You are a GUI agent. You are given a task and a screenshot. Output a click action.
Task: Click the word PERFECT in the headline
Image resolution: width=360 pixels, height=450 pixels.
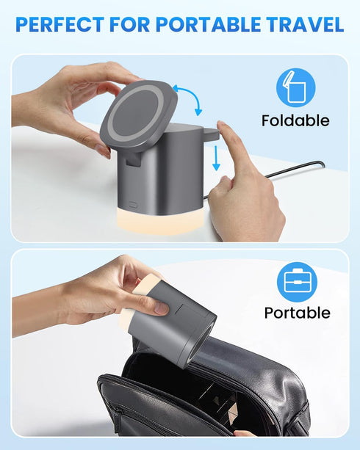point(58,24)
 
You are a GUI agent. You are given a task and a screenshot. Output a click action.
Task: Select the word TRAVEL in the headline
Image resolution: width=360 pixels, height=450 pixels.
point(306,24)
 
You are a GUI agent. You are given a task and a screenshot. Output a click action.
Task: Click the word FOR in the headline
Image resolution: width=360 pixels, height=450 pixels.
point(127,24)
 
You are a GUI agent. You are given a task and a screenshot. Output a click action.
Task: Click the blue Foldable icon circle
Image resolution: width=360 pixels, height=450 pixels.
point(295,87)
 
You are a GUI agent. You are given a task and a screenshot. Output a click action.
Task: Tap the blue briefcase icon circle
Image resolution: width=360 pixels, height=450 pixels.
point(297,282)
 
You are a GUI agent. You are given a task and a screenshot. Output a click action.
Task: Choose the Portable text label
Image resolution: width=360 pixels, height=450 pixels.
point(297,313)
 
